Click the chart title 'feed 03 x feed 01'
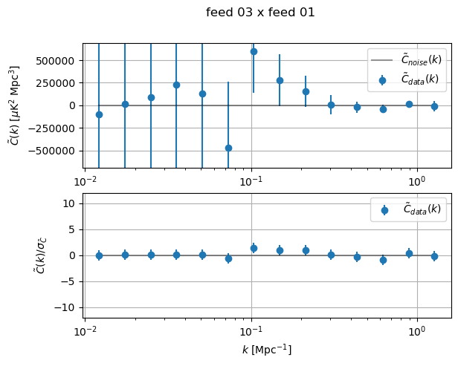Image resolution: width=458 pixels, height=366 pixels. click(260, 13)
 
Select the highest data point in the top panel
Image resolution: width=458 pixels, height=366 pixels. click(254, 51)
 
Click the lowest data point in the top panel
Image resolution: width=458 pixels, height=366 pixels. click(228, 148)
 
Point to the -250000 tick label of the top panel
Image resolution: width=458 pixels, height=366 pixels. click(57, 128)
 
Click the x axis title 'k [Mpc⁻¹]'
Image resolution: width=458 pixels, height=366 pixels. click(267, 349)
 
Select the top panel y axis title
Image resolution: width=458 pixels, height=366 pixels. click(15, 105)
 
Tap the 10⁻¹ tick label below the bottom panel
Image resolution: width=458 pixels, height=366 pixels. click(251, 330)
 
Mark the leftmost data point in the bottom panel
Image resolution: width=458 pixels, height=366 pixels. click(99, 255)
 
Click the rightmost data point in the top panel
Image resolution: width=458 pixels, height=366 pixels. click(434, 106)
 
